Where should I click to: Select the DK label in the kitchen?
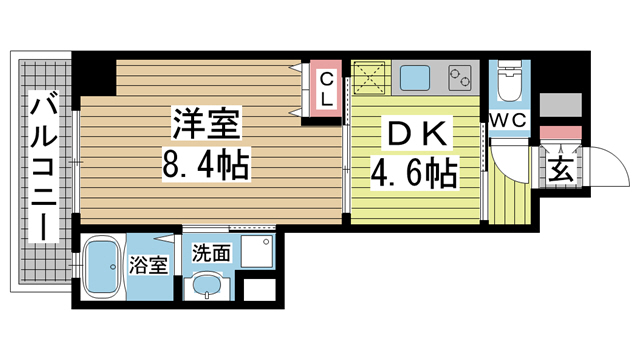413,134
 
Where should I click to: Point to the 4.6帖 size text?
413,175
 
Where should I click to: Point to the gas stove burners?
460,75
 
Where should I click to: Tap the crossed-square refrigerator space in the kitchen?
369,76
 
